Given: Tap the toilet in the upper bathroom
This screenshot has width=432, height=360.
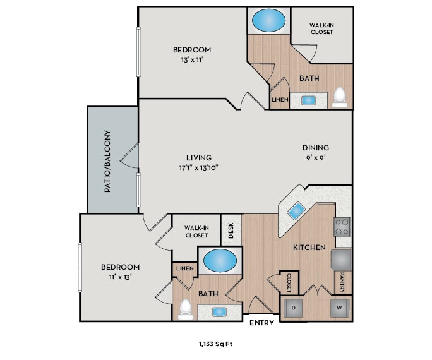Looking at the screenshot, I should click(340, 95).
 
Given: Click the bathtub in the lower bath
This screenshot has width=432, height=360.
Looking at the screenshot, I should click(219, 260).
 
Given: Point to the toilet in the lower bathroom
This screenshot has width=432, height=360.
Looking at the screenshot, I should click(185, 308).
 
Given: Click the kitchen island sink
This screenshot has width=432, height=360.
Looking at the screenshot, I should click(296, 211).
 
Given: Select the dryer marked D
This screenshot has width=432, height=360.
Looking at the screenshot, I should click(294, 308).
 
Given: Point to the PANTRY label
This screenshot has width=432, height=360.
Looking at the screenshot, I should click(342, 282).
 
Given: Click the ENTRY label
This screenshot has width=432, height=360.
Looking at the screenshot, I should click(261, 323).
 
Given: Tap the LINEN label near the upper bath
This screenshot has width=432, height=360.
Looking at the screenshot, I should click(280, 100).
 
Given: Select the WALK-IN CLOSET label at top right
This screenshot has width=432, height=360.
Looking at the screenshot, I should click(321, 28).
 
